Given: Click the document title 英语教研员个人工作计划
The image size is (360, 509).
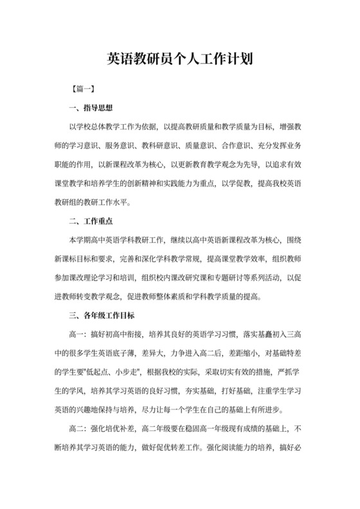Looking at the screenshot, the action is pos(179,60).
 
